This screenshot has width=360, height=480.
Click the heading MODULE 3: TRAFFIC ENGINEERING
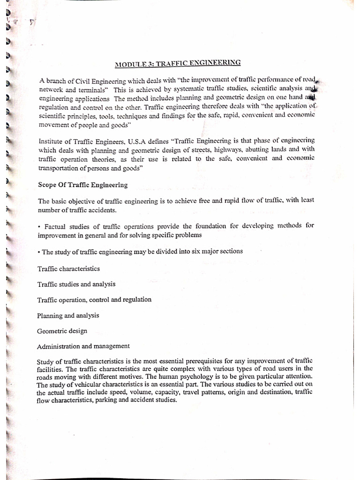pos(178,62)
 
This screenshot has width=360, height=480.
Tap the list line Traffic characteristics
pos(68,269)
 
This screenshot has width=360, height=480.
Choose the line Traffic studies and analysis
pos(76,284)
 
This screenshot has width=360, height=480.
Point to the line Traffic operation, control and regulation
pos(94,299)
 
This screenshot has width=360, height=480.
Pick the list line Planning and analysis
pos(68,315)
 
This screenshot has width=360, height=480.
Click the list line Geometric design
pos(62,330)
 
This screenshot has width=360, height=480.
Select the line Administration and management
pos(83,346)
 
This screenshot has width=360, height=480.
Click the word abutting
pos(261,149)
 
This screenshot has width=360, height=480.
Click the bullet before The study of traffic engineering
pos(38,252)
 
